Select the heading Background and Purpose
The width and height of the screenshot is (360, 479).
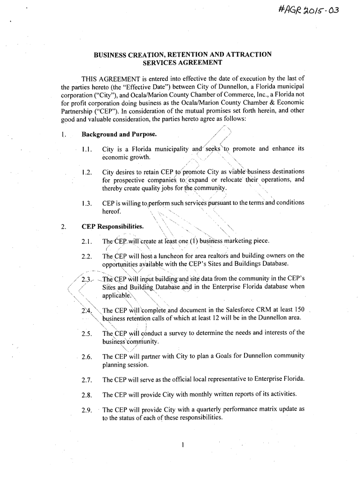pyautogui.click(x=119, y=135)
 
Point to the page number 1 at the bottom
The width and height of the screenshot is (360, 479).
pyautogui.click(x=183, y=444)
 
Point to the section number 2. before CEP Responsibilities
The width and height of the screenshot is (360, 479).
pyautogui.click(x=63, y=227)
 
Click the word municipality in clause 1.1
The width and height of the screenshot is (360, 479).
pyautogui.click(x=167, y=149)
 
